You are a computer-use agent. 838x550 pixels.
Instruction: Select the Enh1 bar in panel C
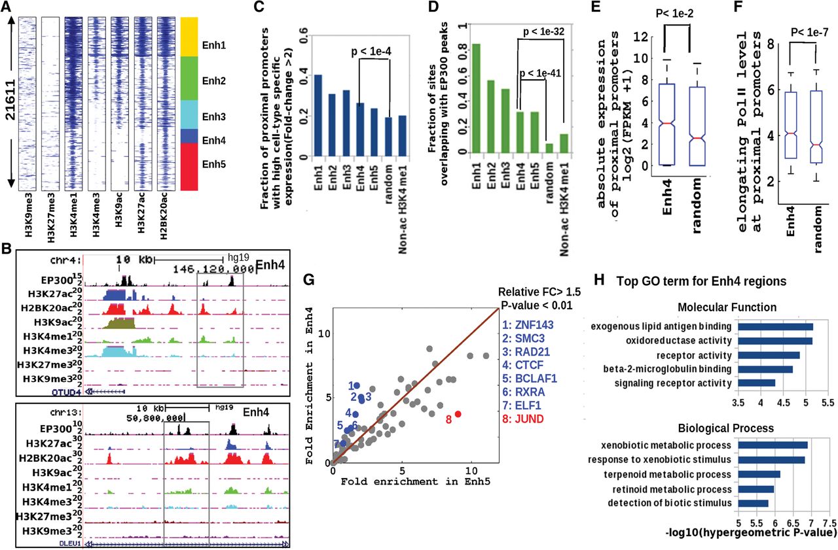[318, 116]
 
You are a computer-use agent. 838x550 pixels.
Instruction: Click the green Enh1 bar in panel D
[477, 98]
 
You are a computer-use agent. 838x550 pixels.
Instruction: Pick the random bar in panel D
[549, 148]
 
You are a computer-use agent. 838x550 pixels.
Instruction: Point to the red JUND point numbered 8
[458, 414]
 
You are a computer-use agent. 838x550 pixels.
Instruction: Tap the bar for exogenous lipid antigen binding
[775, 326]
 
